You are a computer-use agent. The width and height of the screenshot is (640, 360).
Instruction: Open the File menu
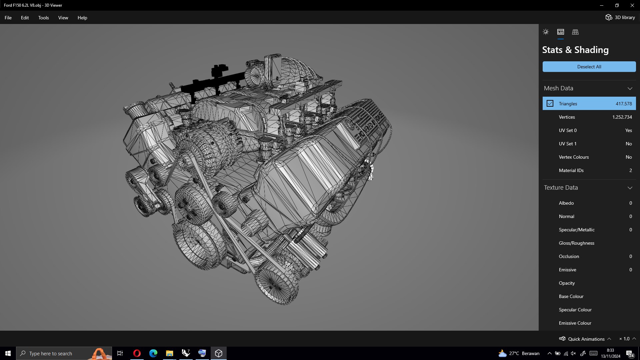pos(8,18)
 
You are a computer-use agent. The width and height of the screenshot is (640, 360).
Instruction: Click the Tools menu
pos(43,18)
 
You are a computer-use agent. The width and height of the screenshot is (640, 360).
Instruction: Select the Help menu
pos(82,18)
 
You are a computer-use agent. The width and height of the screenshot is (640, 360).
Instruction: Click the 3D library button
pos(620,17)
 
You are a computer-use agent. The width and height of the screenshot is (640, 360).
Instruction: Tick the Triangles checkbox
pos(550,104)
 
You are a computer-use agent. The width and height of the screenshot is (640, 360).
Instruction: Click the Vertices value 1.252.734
pos(622,117)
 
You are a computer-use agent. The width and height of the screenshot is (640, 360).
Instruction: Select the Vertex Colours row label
pos(574,157)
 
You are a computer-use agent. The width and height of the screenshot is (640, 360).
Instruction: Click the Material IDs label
pos(571,170)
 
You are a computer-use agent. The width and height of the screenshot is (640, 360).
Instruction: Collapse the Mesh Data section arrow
pos(630,88)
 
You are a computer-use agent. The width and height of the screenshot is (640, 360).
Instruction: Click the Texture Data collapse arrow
pos(630,188)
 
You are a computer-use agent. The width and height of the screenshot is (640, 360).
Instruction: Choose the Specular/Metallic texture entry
pos(577,230)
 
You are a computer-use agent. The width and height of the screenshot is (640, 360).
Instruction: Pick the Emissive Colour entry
pos(575,323)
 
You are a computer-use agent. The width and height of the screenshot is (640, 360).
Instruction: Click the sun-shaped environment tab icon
pos(546,32)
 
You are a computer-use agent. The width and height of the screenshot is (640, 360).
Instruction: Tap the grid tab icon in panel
pos(575,32)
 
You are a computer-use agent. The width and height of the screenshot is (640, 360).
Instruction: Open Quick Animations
pos(586,339)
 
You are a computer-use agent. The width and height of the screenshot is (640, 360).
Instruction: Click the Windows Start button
pos(8,353)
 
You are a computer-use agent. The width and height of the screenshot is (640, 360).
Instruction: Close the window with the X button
pos(632,5)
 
